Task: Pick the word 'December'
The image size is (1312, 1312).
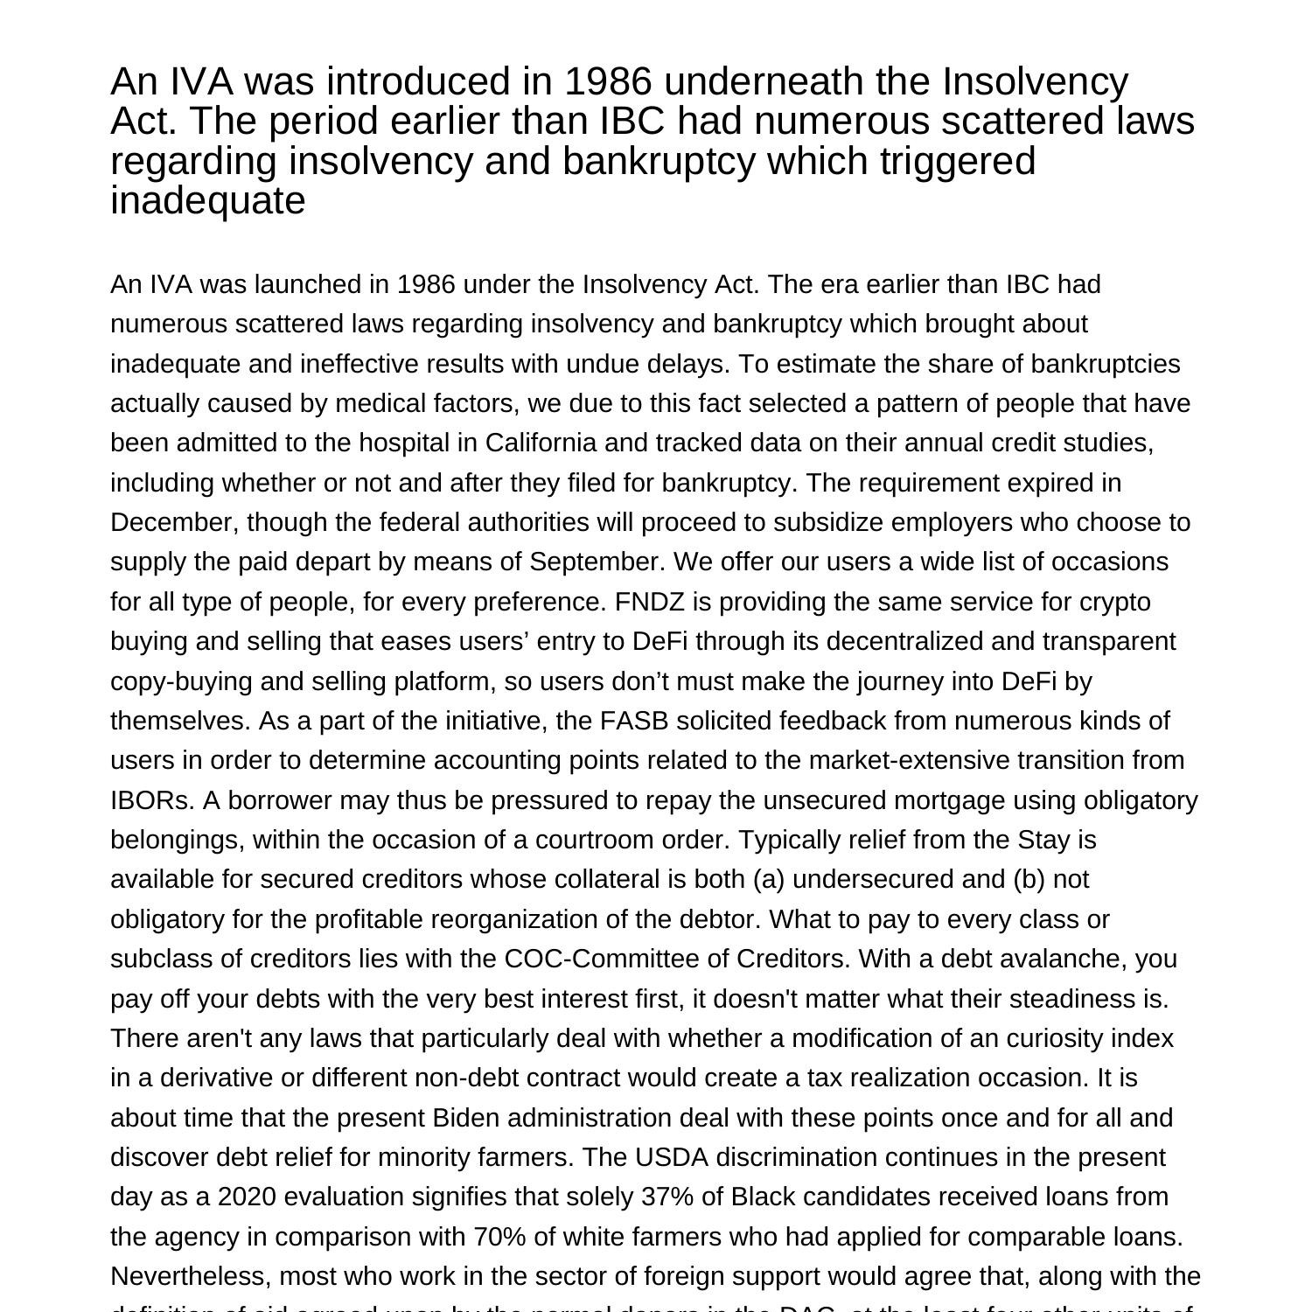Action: pos(174,522)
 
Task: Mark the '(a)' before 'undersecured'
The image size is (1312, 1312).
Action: pos(768,879)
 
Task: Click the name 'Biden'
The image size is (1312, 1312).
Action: pos(466,1118)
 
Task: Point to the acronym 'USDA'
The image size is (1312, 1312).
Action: pos(670,1157)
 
